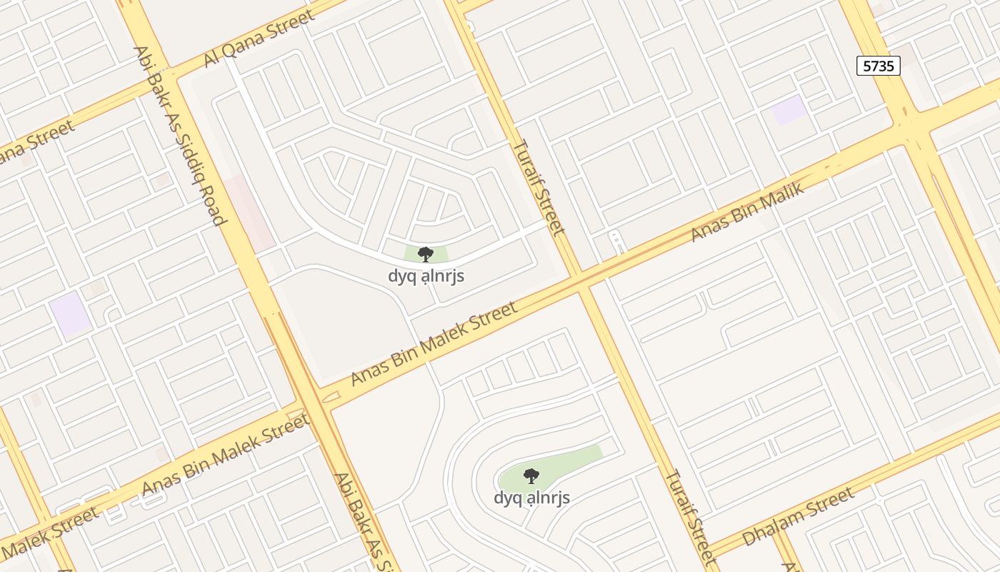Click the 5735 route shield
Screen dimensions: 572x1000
click(878, 66)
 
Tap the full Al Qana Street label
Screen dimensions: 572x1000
click(259, 38)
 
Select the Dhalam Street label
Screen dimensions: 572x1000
click(798, 516)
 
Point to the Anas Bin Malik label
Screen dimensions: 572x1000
click(747, 212)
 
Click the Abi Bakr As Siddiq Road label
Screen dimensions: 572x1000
click(179, 136)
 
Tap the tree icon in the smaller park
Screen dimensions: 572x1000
click(426, 255)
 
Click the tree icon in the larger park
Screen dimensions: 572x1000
click(531, 475)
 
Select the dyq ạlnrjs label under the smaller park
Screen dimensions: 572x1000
click(426, 276)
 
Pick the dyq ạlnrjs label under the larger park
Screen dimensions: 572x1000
click(531, 498)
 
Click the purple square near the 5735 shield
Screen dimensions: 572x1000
click(789, 110)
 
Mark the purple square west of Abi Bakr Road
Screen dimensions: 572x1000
click(70, 315)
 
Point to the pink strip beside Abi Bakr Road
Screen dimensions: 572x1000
click(250, 213)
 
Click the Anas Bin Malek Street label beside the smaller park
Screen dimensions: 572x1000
click(434, 344)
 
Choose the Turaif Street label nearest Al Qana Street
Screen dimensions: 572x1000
click(539, 187)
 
